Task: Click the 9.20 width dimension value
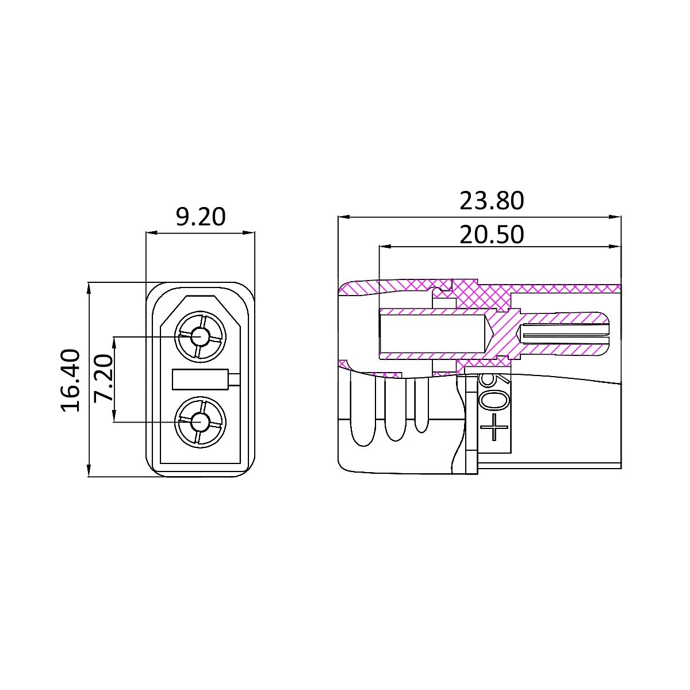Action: point(201,217)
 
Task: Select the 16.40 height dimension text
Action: point(70,380)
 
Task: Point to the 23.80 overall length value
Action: point(491,201)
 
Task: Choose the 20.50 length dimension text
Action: point(491,235)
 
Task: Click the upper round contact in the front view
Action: point(200,336)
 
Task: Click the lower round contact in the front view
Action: point(200,423)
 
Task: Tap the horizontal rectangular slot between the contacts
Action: point(200,379)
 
